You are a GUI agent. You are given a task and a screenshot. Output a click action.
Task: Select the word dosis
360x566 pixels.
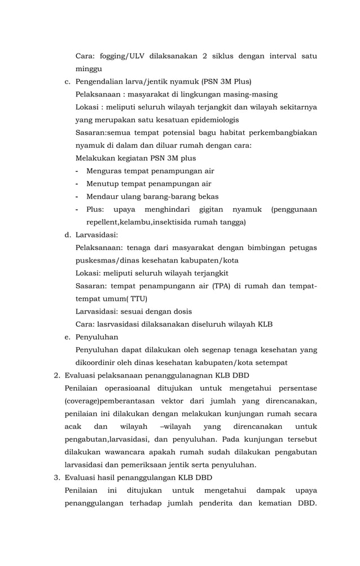coord(182,311)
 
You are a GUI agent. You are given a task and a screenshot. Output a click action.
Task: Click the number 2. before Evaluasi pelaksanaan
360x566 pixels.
coord(56,375)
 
